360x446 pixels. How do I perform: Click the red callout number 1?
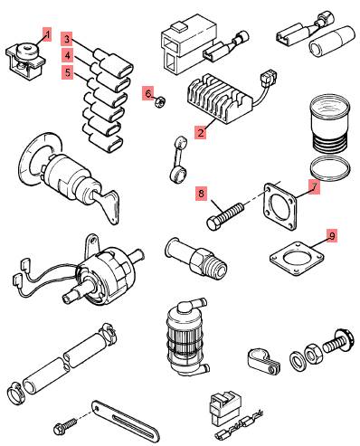47,34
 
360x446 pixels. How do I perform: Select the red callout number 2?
201,133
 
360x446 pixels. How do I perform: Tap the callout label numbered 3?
67,39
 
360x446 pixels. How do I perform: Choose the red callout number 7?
314,187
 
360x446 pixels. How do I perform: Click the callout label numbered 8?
201,194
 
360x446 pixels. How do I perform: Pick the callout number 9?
332,236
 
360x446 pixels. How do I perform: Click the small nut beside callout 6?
159,101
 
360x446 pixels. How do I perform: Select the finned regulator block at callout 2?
220,99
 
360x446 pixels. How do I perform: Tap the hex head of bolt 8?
213,224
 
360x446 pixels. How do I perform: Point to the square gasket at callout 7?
279,206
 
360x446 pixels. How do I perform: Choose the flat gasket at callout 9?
297,259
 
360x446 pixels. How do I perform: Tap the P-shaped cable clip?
264,360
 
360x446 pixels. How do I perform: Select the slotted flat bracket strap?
126,421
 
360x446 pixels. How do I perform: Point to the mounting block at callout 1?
25,62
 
